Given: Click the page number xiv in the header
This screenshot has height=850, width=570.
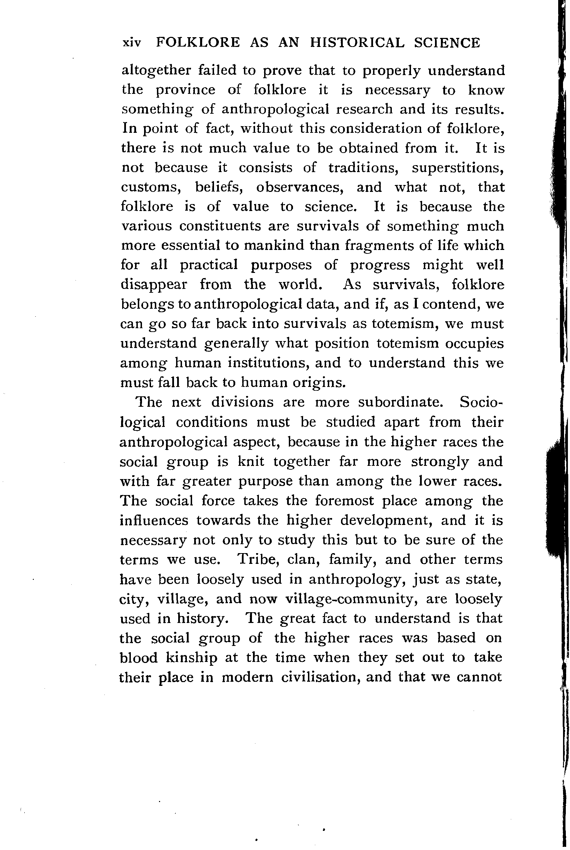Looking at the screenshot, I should coord(132,43).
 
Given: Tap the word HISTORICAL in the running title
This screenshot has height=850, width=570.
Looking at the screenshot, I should coord(357,42).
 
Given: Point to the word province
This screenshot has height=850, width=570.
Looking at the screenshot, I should coord(185,90).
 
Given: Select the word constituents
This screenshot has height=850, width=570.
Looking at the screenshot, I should coord(220,226).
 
